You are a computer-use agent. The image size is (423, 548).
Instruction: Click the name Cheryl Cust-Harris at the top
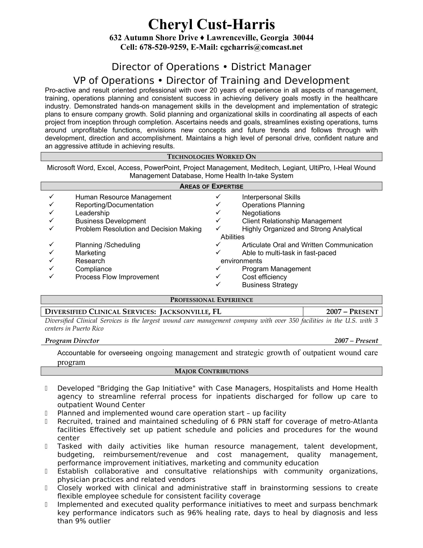pos(211,25)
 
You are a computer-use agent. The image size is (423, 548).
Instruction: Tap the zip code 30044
pos(303,38)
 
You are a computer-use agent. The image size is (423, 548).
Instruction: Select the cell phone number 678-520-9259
pos(163,47)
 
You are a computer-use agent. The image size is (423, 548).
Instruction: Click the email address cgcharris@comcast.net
pos(261,47)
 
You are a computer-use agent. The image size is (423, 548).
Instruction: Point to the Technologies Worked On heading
pos(211,157)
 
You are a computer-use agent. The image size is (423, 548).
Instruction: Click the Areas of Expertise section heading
pos(211,186)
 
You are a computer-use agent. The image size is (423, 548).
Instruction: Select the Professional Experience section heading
pos(211,300)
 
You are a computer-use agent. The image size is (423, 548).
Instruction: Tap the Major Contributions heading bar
pos(211,371)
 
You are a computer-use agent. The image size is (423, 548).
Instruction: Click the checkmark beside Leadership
pos(51,212)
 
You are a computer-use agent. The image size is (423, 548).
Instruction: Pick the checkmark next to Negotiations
pos(218,212)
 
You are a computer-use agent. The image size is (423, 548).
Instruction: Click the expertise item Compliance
pos(94,269)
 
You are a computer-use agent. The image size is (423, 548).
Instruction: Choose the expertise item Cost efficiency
pos(264,277)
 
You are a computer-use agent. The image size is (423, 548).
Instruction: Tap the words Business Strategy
pos(270,285)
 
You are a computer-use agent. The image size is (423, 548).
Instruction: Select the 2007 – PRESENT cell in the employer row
pos(352,312)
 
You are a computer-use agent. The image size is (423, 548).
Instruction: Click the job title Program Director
pos(72,341)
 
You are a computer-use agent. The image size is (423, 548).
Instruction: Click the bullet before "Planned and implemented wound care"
pos(46,413)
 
